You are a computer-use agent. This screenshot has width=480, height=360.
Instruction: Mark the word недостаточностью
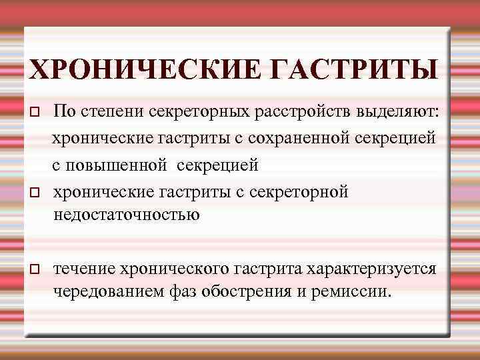pos(127,214)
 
